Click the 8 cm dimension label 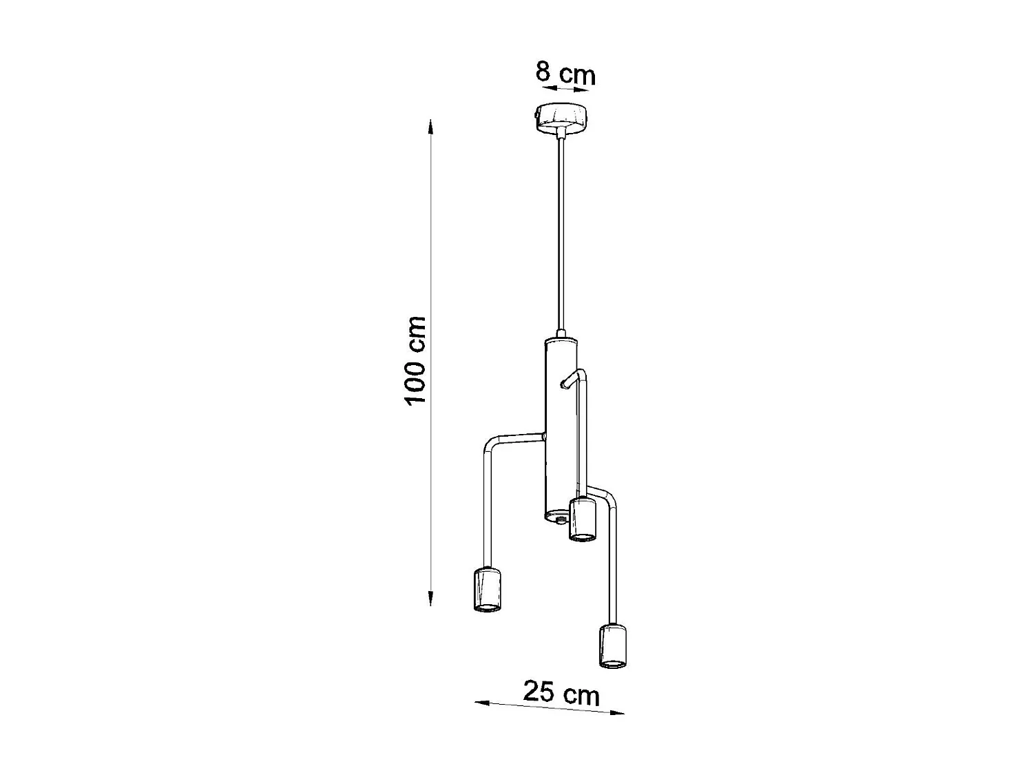pyautogui.click(x=565, y=73)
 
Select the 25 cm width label pyautogui.click(x=561, y=692)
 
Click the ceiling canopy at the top pyautogui.click(x=563, y=118)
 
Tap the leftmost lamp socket pyautogui.click(x=487, y=589)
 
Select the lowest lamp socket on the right pyautogui.click(x=613, y=645)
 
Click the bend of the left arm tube pyautogui.click(x=489, y=445)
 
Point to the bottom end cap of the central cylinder pyautogui.click(x=556, y=515)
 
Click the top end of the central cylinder pyautogui.click(x=559, y=341)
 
